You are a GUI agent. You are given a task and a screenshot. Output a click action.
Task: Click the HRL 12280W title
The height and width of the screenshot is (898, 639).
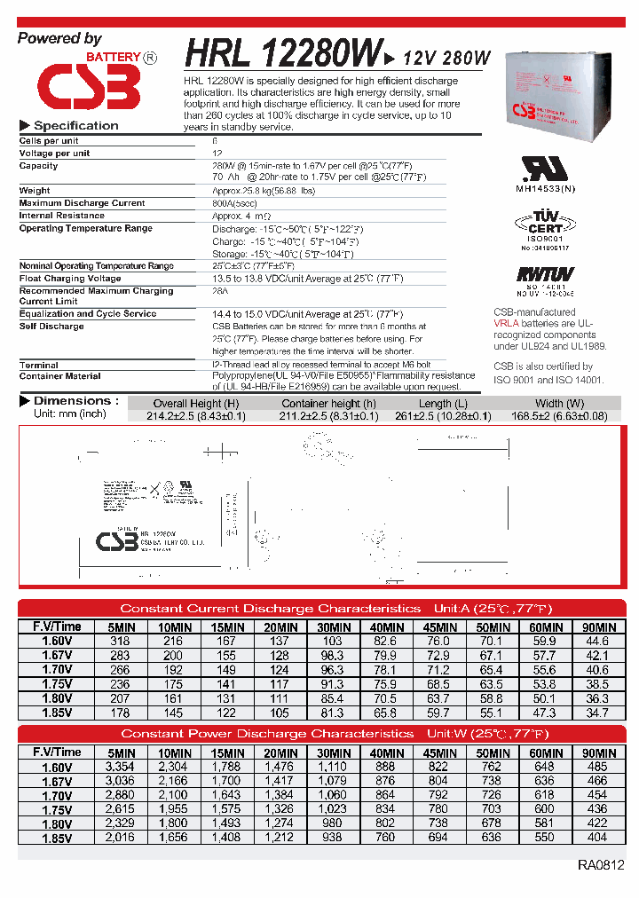[283, 54]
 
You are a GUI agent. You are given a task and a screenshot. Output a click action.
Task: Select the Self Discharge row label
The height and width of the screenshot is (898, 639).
[51, 327]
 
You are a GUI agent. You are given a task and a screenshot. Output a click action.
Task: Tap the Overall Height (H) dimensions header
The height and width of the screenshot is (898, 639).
[195, 404]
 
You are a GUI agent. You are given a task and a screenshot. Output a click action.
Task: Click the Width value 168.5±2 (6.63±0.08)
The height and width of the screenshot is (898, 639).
[558, 415]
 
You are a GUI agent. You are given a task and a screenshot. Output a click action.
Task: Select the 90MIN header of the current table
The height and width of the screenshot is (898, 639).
[597, 627]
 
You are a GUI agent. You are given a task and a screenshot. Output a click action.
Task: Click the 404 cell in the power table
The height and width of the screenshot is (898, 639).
[597, 838]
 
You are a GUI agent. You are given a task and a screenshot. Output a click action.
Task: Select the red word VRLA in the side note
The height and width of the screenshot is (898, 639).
[507, 324]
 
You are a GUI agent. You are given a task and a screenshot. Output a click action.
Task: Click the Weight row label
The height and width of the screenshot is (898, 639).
[35, 191]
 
